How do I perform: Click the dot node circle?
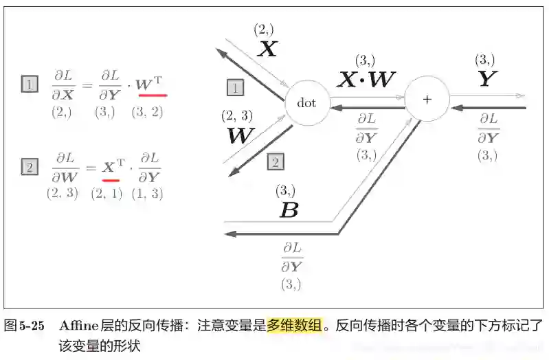[306, 103]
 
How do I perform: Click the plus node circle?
[427, 100]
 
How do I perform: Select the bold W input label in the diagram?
[240, 135]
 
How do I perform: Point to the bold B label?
[289, 210]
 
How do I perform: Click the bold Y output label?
[486, 79]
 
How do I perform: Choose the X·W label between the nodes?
[366, 80]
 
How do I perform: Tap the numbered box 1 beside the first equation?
[30, 85]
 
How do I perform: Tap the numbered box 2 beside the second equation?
[30, 166]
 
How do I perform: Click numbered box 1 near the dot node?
[235, 87]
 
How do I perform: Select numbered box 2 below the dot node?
[274, 162]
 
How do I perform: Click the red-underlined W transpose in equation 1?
[151, 85]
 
